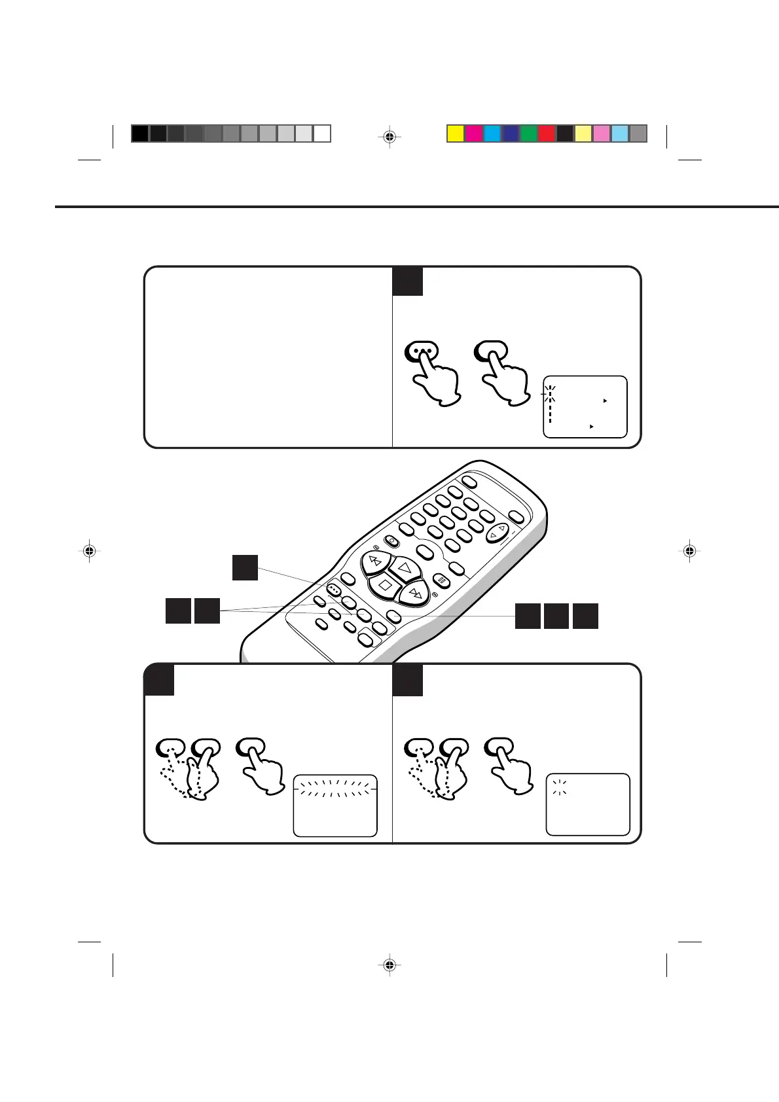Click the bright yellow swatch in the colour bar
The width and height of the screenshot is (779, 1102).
tap(456, 133)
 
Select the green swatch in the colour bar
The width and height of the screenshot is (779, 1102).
tap(528, 133)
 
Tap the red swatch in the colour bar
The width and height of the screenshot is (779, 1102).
tap(547, 133)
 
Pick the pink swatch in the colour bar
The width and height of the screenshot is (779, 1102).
tap(602, 133)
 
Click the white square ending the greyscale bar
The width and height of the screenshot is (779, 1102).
tap(321, 133)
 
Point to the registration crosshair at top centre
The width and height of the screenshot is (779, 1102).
tap(389, 137)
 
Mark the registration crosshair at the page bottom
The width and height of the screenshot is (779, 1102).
tap(389, 965)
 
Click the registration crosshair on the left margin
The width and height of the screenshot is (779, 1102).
tap(90, 551)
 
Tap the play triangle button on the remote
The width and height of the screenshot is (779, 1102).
tap(404, 568)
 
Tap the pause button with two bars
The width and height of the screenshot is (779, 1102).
tap(443, 580)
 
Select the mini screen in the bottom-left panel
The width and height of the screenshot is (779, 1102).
tap(335, 806)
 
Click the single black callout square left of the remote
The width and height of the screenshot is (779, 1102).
tap(245, 567)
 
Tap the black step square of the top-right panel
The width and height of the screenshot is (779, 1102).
tap(407, 281)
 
